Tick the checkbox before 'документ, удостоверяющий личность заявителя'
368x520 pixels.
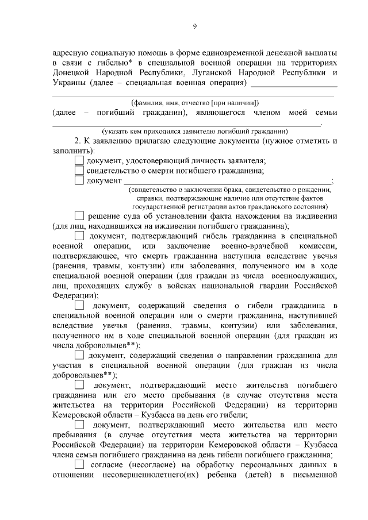click(79, 161)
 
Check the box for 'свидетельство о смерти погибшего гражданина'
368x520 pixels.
click(79, 171)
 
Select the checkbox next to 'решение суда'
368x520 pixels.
click(79, 216)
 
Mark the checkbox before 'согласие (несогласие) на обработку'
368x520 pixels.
click(79, 464)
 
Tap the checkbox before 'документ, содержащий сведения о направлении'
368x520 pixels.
click(79, 356)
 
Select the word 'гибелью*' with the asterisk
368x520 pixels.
click(113, 62)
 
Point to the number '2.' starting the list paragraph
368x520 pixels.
click(79, 141)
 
